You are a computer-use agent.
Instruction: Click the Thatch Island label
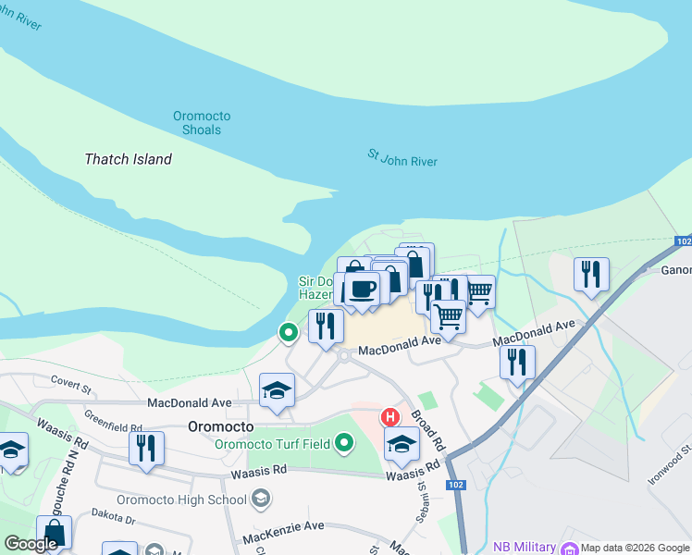point(128,159)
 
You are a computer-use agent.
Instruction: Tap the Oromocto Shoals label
point(202,123)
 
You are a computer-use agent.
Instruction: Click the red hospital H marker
point(390,418)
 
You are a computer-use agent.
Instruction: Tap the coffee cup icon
point(362,288)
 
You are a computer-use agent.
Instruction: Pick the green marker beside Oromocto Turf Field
point(345,444)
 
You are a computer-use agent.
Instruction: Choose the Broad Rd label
point(428,431)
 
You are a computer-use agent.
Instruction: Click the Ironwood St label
point(671,462)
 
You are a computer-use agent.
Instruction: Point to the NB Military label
point(524,547)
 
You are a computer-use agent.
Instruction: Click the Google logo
point(31,544)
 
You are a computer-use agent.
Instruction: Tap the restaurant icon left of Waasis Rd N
point(146,449)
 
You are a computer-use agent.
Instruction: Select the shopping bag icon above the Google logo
point(55,533)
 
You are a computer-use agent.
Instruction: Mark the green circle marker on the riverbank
point(289,331)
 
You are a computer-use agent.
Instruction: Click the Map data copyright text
point(635,548)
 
